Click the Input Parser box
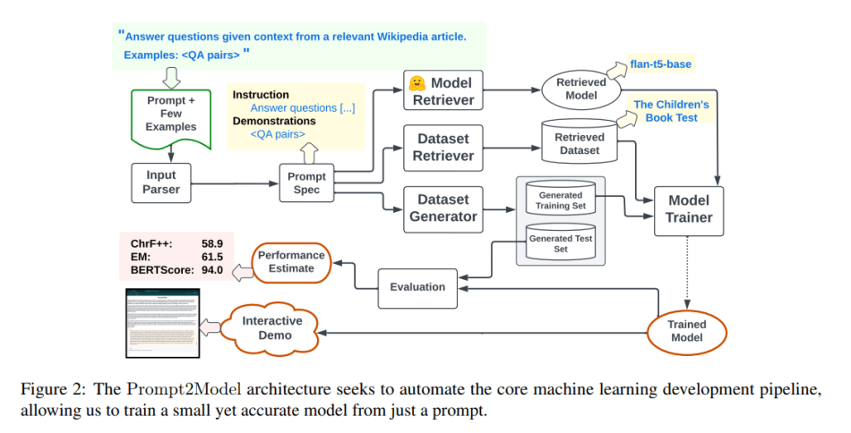(162, 183)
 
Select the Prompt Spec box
(306, 183)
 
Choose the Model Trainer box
(688, 210)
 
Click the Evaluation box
(417, 286)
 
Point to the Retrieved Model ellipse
(581, 89)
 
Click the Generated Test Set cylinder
(560, 242)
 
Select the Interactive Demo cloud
(274, 327)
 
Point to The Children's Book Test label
(671, 111)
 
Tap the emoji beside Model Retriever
(417, 82)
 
